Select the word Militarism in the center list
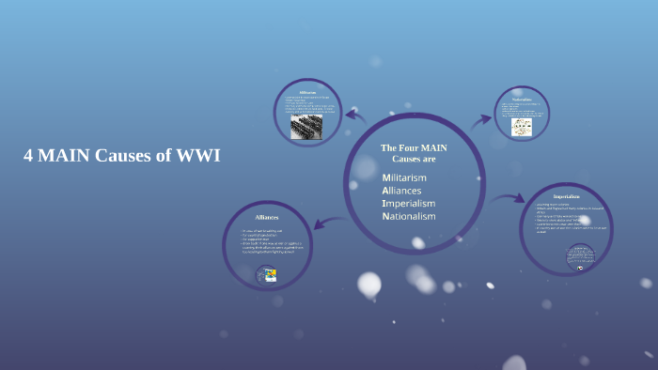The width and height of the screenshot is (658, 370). (404, 177)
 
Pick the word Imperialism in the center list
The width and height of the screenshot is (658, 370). (408, 203)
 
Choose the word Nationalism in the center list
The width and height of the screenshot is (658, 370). (409, 216)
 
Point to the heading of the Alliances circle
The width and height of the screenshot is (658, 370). (267, 217)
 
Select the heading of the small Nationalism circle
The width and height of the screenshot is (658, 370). (522, 99)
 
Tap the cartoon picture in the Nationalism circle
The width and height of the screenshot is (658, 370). (522, 126)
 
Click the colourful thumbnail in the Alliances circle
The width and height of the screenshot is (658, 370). (267, 274)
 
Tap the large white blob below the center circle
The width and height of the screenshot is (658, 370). (369, 284)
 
